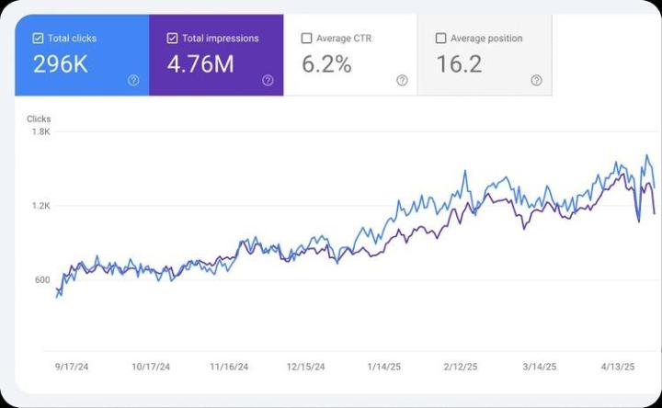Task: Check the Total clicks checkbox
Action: click(38, 39)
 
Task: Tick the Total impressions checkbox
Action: click(173, 39)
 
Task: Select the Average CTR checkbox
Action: click(307, 39)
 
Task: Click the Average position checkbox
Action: click(441, 39)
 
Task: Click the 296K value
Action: click(60, 64)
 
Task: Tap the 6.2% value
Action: click(327, 64)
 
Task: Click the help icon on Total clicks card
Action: click(133, 80)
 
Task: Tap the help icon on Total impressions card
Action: click(268, 80)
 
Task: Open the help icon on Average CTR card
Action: click(402, 80)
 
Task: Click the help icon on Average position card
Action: click(536, 80)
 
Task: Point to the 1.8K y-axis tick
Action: click(40, 131)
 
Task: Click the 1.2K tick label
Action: click(40, 206)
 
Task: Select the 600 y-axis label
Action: click(41, 280)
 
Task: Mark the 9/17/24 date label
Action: click(73, 366)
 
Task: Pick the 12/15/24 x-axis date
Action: click(305, 366)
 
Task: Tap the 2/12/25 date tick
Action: click(461, 366)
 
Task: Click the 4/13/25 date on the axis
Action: click(618, 366)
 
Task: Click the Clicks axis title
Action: click(40, 119)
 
